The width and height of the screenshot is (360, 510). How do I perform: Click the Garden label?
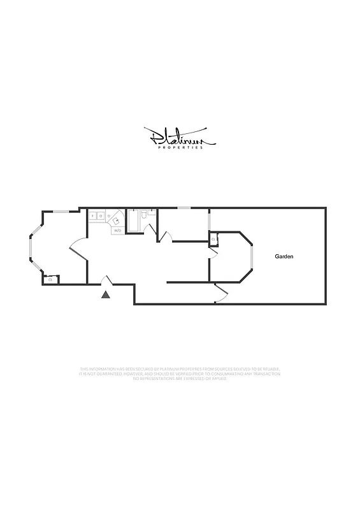tap(284, 256)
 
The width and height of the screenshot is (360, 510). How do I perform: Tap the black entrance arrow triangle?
tap(106, 294)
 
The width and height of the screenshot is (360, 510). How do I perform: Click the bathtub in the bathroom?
tap(133, 221)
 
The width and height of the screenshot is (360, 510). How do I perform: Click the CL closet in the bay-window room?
tap(50, 279)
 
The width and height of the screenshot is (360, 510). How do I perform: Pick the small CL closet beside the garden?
tap(213, 240)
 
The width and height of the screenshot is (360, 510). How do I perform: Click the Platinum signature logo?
tap(180, 135)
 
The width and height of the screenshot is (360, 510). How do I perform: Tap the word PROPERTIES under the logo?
tap(180, 148)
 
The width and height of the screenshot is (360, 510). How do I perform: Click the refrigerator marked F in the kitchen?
tap(93, 217)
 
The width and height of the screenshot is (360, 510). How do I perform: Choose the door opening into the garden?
tap(222, 292)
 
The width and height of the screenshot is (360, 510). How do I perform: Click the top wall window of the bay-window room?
tap(61, 211)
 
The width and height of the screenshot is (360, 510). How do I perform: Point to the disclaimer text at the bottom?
tap(180, 374)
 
